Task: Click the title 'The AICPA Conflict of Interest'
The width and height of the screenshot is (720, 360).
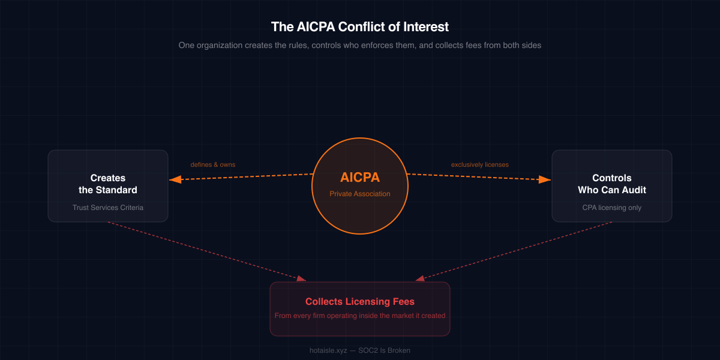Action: pos(360,27)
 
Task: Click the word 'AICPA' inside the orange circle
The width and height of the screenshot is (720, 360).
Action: pos(360,178)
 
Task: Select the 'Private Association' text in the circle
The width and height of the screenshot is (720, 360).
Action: pos(360,194)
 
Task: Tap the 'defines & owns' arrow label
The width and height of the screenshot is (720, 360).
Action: pos(213,164)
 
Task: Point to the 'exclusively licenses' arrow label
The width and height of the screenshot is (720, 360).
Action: pos(480,164)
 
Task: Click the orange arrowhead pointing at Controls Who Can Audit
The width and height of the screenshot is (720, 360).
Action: pos(545,179)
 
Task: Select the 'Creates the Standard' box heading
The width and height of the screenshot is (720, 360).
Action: pos(108,184)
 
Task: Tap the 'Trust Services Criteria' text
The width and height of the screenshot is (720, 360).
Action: pos(108,208)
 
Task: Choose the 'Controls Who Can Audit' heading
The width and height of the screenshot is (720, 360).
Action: pos(612,184)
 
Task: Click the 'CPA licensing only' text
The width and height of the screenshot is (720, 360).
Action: pos(612,208)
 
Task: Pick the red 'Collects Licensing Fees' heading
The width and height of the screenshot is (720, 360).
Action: pos(360,301)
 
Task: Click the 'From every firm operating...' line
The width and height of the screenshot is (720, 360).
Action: pos(360,316)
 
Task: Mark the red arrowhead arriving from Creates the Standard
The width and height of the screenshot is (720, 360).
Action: pos(301,278)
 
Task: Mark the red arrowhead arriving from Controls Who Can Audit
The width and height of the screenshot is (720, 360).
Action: pos(420,278)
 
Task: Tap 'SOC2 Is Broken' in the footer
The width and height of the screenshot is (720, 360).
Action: pos(385,350)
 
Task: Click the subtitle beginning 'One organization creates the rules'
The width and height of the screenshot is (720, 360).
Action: pos(360,46)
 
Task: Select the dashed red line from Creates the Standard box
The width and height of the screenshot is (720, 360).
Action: pos(204,250)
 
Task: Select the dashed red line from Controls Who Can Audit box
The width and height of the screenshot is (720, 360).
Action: pos(516,250)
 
